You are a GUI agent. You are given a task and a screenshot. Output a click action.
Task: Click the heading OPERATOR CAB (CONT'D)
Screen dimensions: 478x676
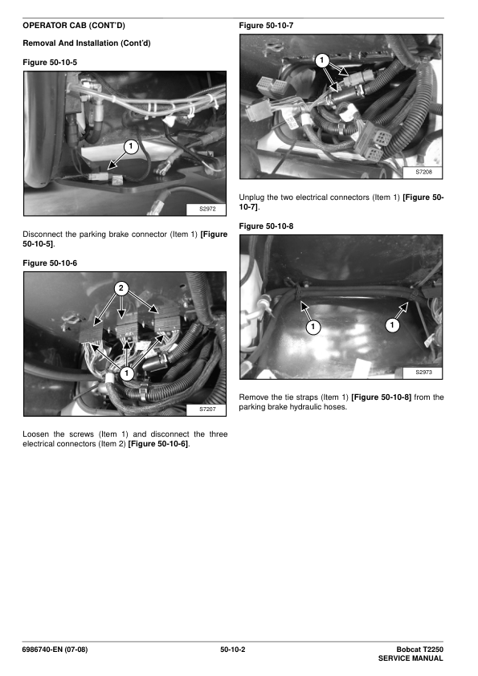[x=74, y=26]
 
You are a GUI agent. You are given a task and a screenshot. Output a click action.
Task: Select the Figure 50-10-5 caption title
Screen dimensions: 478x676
[x=50, y=63]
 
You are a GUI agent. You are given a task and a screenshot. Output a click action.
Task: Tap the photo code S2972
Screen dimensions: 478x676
[x=207, y=209]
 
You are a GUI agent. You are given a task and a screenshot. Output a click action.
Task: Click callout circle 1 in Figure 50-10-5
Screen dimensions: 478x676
[x=131, y=147]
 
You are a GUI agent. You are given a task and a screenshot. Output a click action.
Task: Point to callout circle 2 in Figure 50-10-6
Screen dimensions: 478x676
[x=121, y=288]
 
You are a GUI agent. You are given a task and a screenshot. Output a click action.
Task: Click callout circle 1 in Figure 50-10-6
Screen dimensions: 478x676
[x=126, y=373]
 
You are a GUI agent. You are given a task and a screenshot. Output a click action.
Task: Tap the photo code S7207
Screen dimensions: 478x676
[x=207, y=409]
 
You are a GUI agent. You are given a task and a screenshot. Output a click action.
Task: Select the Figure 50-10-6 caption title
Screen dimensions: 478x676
[x=50, y=263]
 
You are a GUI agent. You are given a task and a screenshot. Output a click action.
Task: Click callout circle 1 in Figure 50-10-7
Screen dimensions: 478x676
[x=322, y=60]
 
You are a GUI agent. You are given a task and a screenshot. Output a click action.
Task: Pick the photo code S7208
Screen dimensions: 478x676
[x=423, y=172]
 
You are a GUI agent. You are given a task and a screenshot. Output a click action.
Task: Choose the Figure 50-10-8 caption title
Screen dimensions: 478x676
[x=266, y=226]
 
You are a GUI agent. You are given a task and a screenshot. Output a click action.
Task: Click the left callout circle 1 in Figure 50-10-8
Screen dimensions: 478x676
[x=313, y=328]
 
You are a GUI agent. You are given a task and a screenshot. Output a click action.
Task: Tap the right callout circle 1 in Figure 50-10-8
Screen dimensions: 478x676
[x=392, y=324]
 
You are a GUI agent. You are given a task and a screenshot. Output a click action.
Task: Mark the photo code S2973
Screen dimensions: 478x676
[x=423, y=372]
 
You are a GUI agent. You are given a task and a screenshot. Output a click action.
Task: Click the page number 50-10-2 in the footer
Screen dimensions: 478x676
[x=232, y=650]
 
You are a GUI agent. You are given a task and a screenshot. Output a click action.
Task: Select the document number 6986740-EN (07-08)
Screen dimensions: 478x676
[x=55, y=650]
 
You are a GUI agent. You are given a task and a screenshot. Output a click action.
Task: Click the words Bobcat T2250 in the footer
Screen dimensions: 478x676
[x=420, y=650]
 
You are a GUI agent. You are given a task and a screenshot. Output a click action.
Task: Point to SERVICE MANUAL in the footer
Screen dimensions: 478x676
[x=411, y=658]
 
